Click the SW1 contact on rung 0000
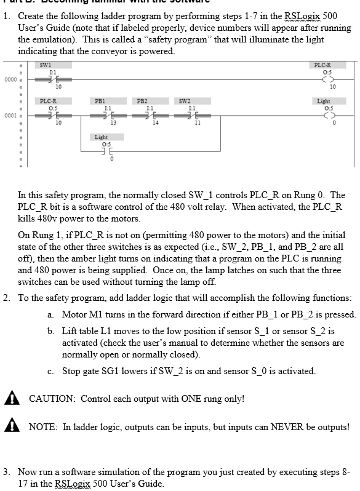[45, 79]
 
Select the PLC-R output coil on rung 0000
[322, 79]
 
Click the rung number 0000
[9, 79]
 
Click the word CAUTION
[52, 399]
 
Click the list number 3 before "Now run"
[6, 472]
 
